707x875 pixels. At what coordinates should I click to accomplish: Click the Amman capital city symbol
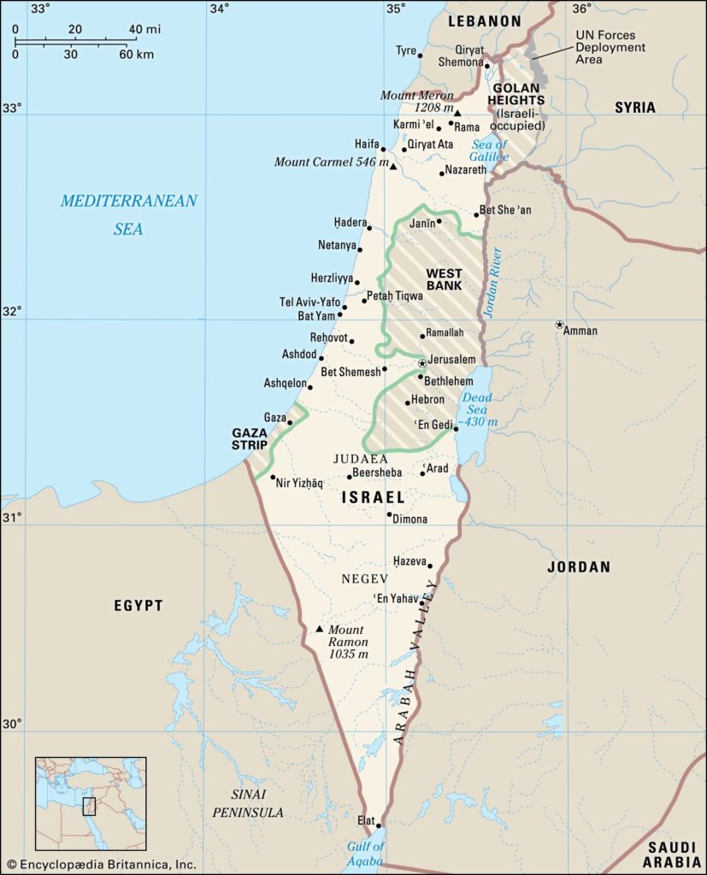pyautogui.click(x=559, y=325)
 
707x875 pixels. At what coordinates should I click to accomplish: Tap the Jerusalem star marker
pyautogui.click(x=421, y=363)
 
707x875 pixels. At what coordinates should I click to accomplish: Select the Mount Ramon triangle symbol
pyautogui.click(x=320, y=629)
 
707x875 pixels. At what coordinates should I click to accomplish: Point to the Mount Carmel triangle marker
pyautogui.click(x=392, y=167)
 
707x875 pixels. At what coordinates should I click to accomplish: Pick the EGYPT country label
pyautogui.click(x=138, y=606)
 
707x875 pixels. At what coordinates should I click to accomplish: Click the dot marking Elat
pyautogui.click(x=379, y=825)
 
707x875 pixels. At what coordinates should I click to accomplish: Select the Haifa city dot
pyautogui.click(x=384, y=150)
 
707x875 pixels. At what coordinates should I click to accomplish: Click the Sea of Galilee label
pyautogui.click(x=489, y=150)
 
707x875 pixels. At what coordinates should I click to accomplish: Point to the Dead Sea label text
pyautogui.click(x=477, y=403)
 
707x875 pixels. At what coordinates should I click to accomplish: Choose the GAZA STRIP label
pyautogui.click(x=250, y=438)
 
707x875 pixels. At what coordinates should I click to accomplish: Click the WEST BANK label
pyautogui.click(x=444, y=279)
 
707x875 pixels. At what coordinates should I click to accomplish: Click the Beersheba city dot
pyautogui.click(x=350, y=477)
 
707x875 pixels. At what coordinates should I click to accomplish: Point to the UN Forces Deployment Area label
pyautogui.click(x=610, y=48)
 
